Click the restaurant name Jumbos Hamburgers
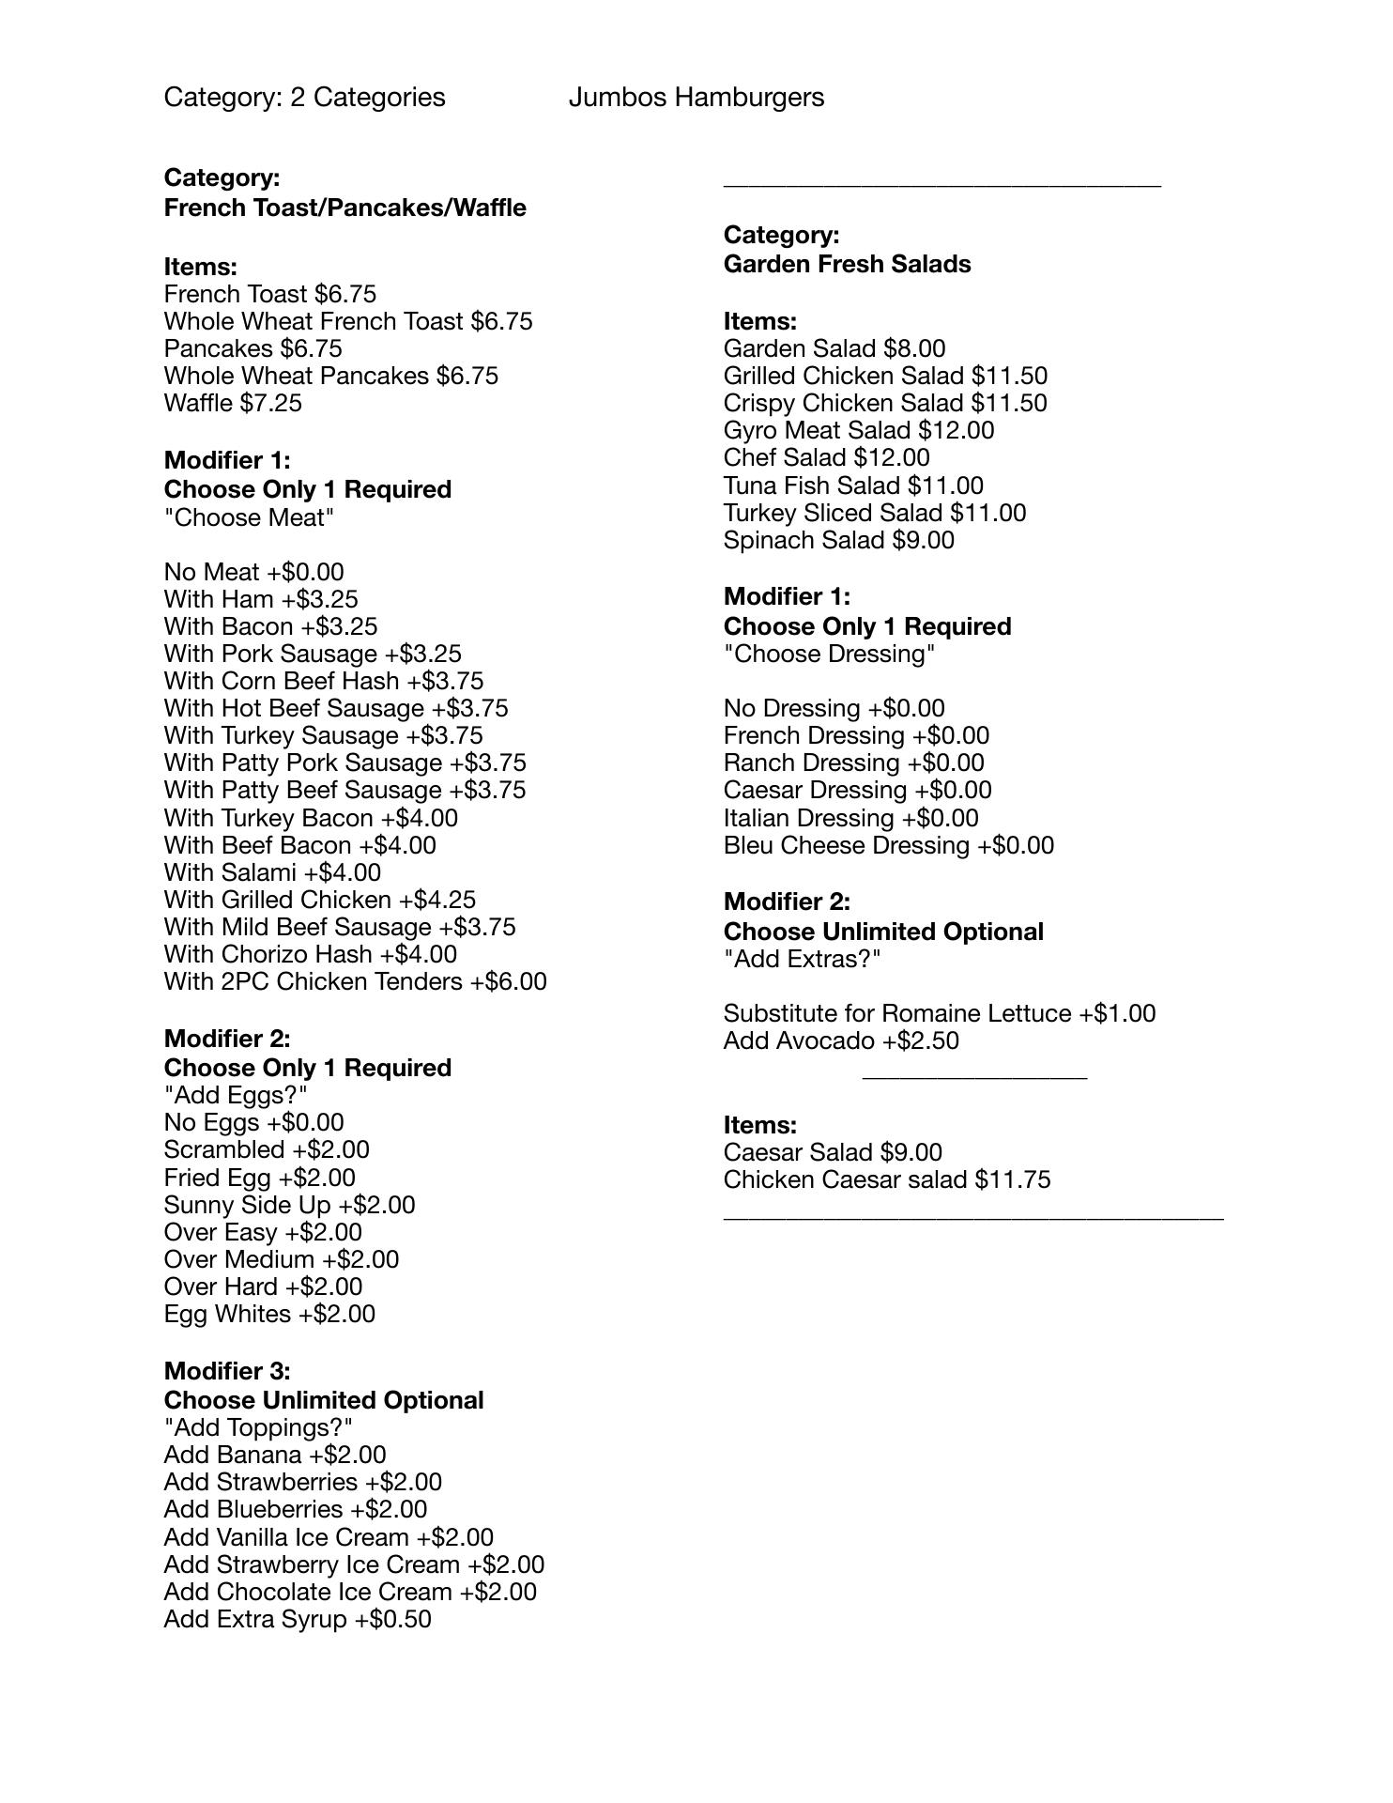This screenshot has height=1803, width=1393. coord(696,98)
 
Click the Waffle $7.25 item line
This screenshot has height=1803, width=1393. coord(233,403)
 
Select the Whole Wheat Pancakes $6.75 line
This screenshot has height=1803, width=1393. coord(330,376)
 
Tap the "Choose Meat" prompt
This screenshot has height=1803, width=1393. coord(249,517)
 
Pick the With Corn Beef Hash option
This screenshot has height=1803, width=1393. coord(323,681)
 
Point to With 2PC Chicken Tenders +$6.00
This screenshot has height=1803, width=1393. coord(355,981)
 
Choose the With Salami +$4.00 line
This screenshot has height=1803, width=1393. coord(272,872)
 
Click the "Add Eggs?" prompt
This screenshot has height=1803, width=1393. coord(236,1095)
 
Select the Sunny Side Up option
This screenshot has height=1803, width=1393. coord(289,1205)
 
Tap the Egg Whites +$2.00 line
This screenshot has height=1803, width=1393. coord(269,1314)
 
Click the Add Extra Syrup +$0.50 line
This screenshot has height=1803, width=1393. coord(298,1619)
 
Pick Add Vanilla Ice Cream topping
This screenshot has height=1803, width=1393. coord(329,1537)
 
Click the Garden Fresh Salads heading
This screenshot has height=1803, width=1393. coord(847,264)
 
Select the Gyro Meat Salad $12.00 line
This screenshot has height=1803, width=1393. coord(858,430)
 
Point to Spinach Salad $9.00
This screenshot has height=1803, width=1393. coord(838,540)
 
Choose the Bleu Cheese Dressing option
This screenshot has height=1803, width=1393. coord(888,845)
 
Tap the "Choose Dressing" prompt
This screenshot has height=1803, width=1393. coord(829,654)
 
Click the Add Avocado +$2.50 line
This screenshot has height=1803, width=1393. coord(841,1040)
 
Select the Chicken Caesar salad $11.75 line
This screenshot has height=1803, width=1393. coord(886,1179)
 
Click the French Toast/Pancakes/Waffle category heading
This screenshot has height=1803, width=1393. coord(344,208)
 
